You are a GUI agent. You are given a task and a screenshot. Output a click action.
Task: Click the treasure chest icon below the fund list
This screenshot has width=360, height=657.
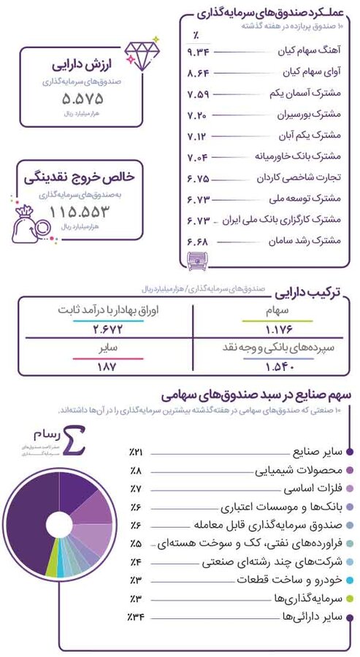pyautogui.click(x=199, y=261)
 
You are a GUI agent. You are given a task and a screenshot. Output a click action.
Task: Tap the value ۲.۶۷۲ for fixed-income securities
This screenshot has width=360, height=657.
pyautogui.click(x=110, y=328)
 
